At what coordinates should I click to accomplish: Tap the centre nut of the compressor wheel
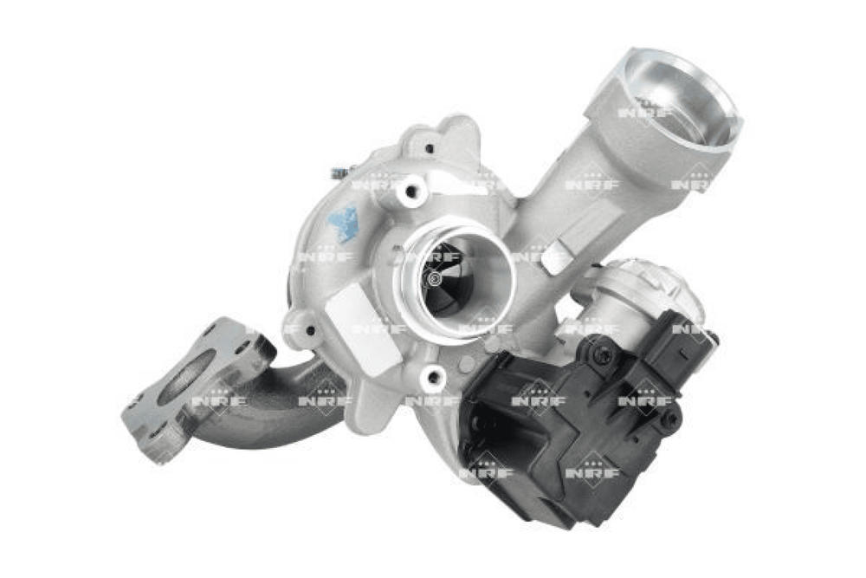pos(435,278)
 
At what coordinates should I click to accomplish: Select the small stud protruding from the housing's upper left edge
pos(336,174)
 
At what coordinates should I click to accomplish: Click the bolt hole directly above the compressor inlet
pos(410,192)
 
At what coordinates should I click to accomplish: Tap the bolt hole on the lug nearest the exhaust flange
pos(310,331)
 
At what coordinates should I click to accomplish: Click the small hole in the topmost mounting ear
pos(430,147)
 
